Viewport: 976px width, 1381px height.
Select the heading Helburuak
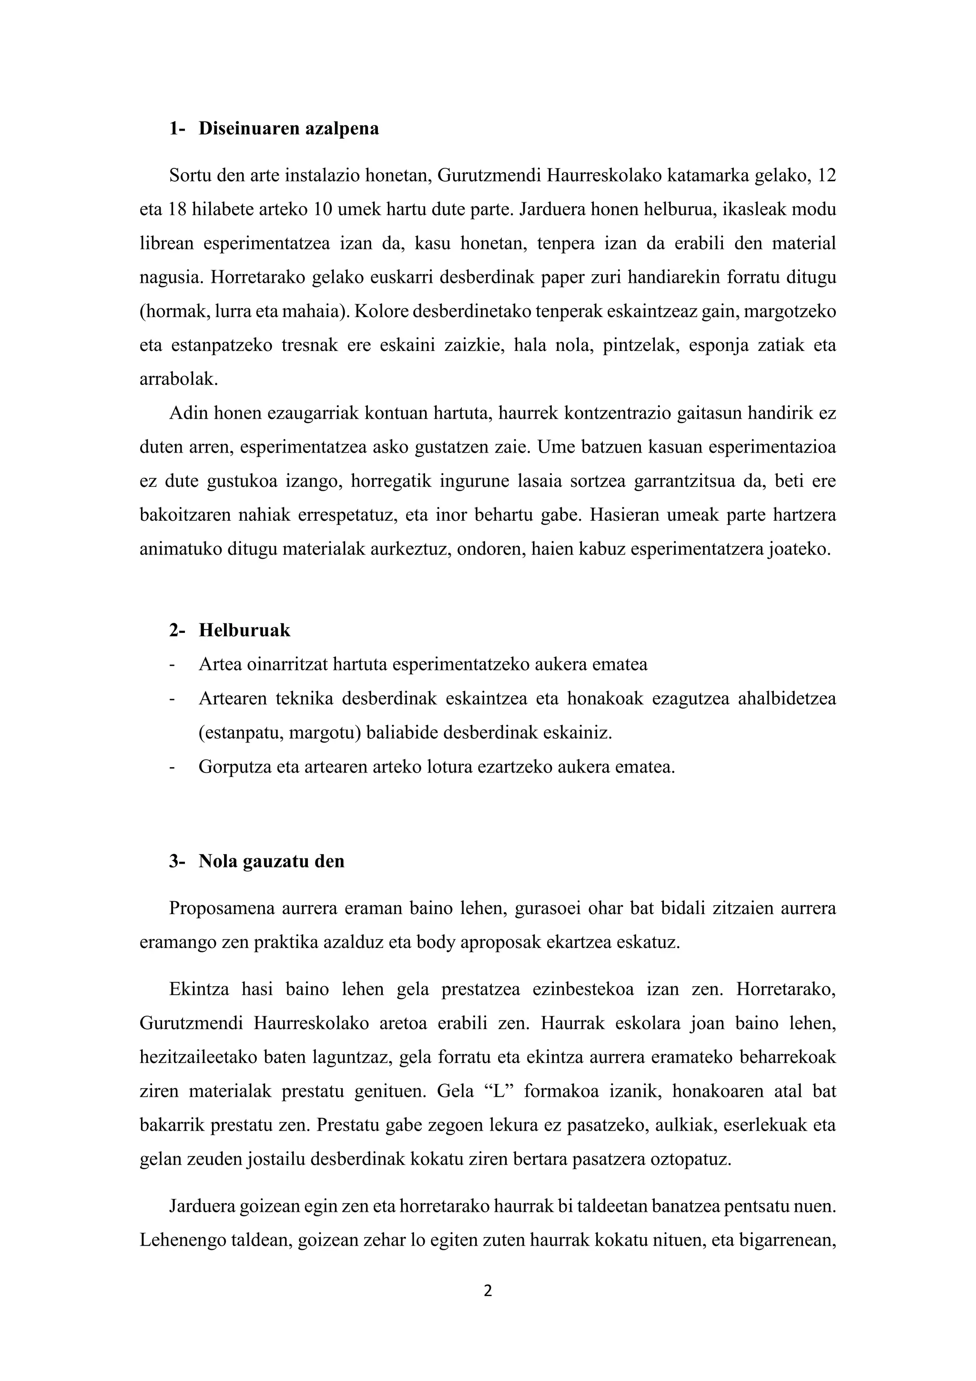pyautogui.click(x=244, y=630)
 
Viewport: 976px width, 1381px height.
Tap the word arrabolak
pyautogui.click(x=178, y=380)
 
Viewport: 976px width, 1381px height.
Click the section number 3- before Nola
pyautogui.click(x=177, y=861)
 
